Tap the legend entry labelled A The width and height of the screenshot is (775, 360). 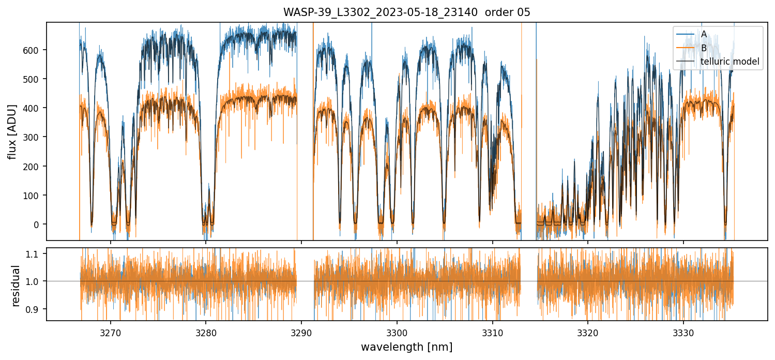(x=704, y=34)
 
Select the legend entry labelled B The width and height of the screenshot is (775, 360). (x=704, y=48)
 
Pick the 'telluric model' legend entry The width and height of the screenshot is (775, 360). (x=730, y=62)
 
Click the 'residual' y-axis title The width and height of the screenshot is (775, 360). (x=16, y=286)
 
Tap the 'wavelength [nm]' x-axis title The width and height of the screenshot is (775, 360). (x=406, y=347)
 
